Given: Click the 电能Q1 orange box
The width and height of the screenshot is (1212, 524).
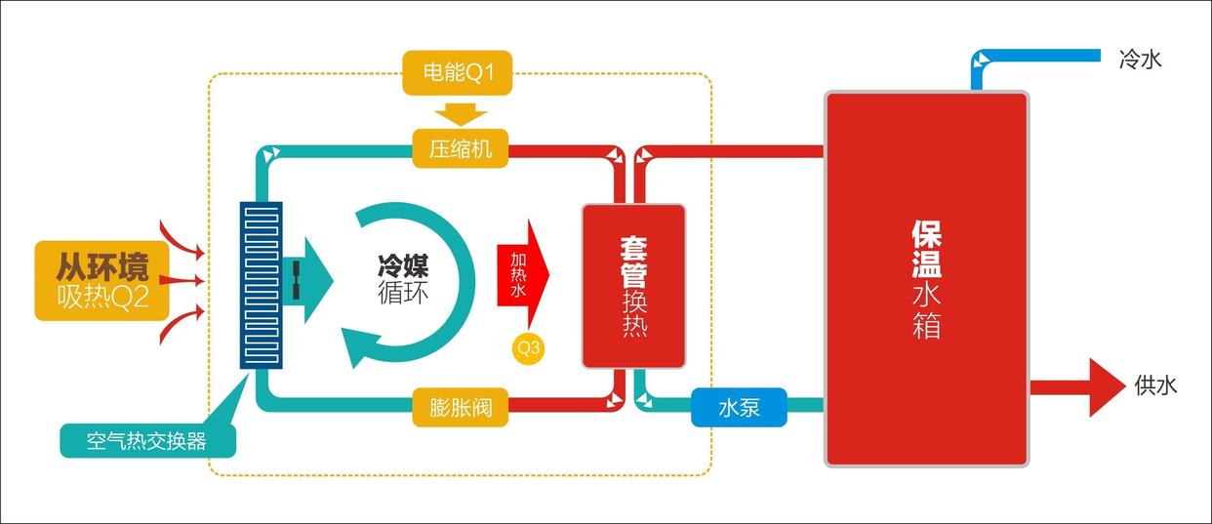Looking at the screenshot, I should point(458,74).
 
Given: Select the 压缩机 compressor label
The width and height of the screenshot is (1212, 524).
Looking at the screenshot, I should point(461,149).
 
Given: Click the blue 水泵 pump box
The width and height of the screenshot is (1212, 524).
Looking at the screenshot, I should point(739,408).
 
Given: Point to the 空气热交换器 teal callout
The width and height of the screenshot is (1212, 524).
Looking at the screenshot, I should point(146,441).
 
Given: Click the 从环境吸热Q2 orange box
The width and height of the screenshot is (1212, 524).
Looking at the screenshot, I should point(101,280).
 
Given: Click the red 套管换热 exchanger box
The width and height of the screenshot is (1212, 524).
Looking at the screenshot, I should point(633,285).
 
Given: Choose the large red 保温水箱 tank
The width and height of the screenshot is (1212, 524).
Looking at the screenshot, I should point(926,278).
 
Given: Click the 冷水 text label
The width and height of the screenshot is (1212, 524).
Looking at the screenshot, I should point(1140,60).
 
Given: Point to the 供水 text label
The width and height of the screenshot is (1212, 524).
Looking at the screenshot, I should point(1155,385).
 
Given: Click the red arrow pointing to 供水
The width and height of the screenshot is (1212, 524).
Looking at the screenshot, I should point(1083,386).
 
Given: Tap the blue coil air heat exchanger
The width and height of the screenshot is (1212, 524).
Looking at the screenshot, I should point(261,284).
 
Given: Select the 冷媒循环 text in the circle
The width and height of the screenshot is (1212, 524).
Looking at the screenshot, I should point(403,277).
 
